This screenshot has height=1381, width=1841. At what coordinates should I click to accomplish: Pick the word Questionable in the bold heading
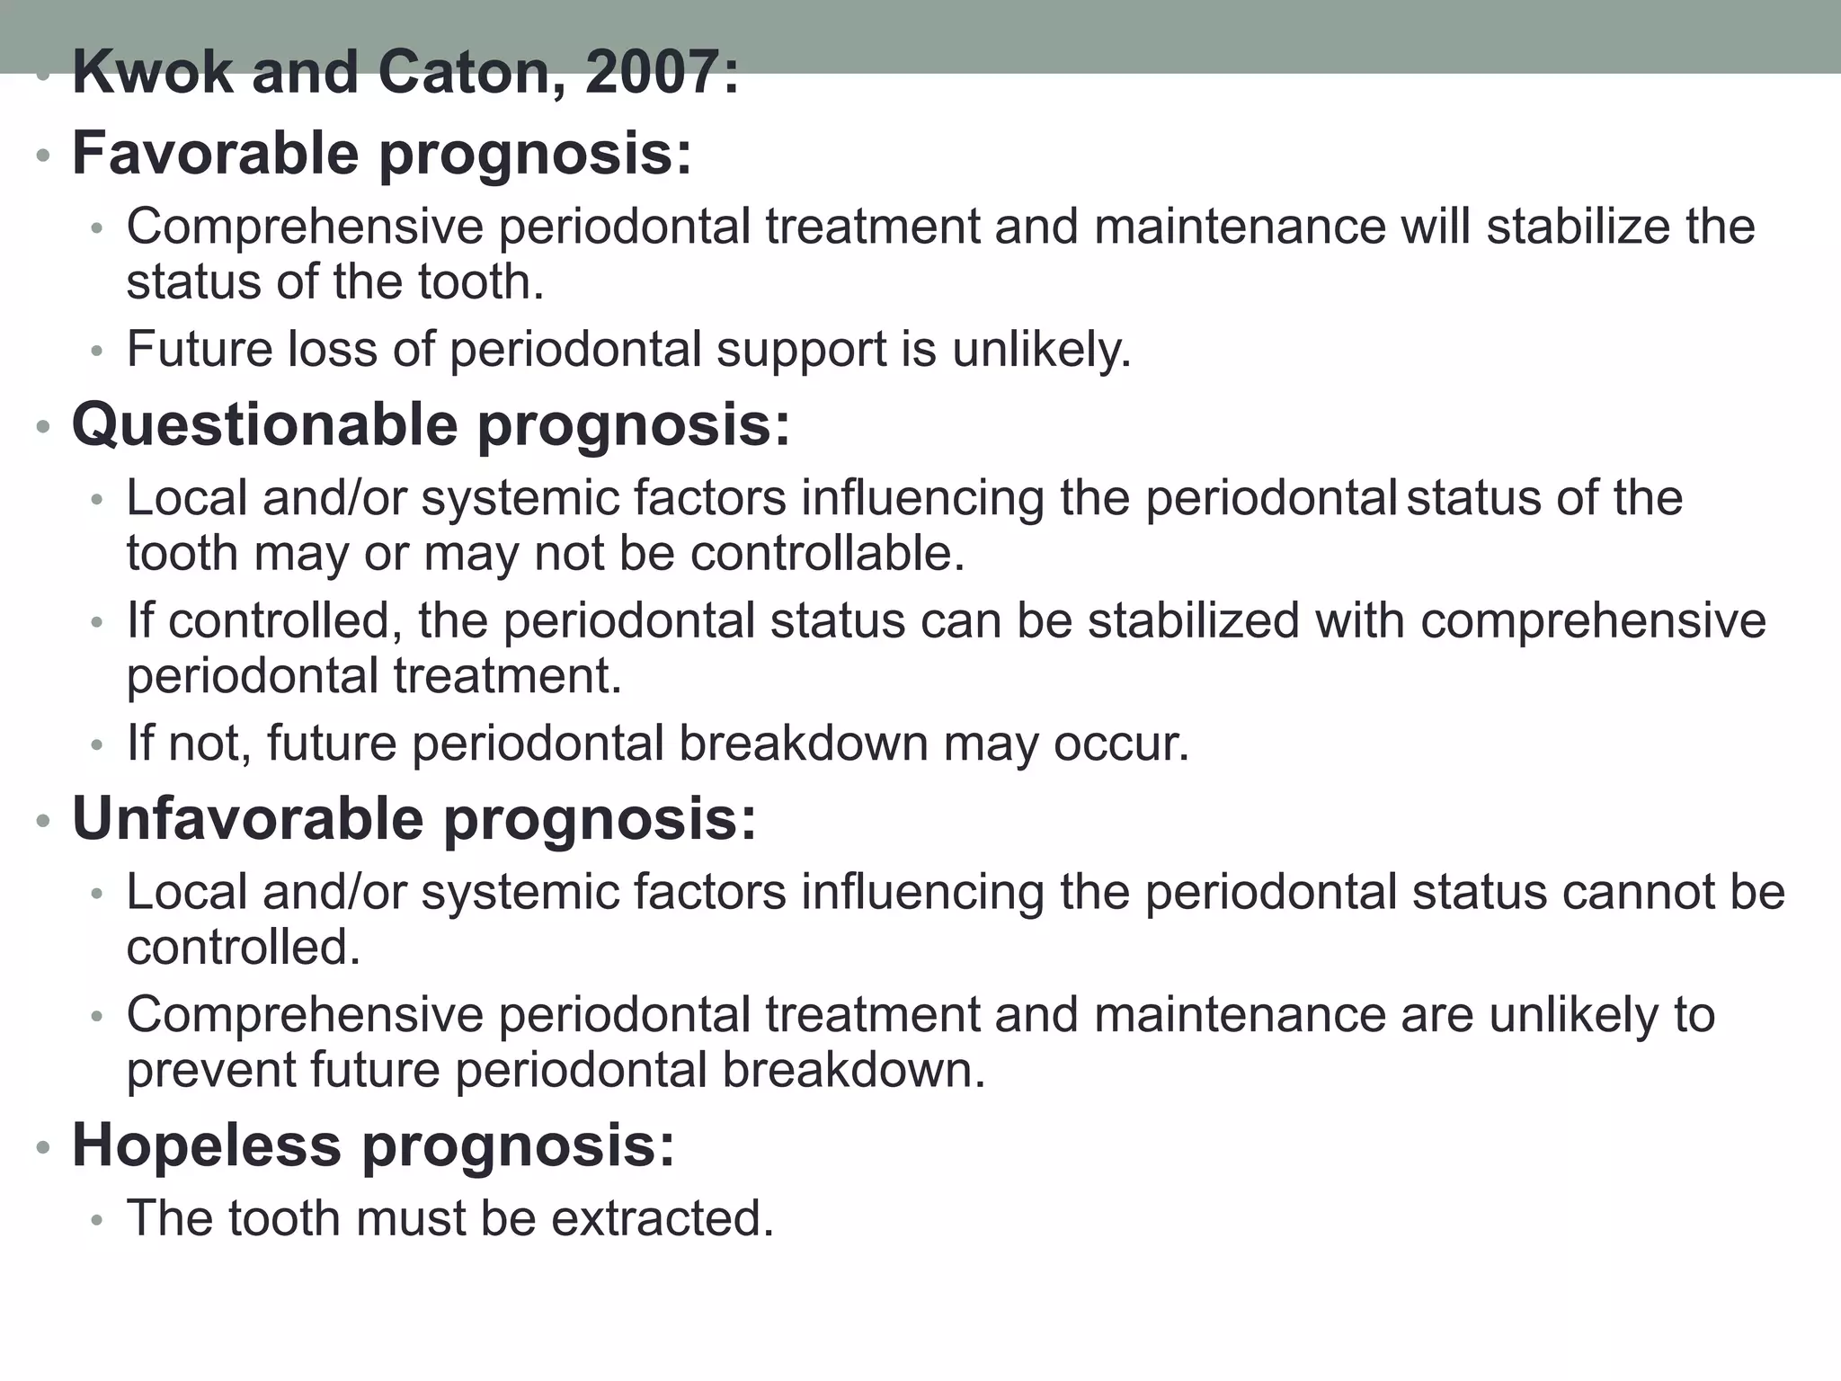pos(264,424)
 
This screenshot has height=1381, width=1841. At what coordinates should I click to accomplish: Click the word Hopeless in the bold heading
pos(207,1145)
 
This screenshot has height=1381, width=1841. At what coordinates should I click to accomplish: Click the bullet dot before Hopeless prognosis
pos(42,1148)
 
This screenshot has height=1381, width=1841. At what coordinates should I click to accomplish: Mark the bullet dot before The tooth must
pos(97,1221)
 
